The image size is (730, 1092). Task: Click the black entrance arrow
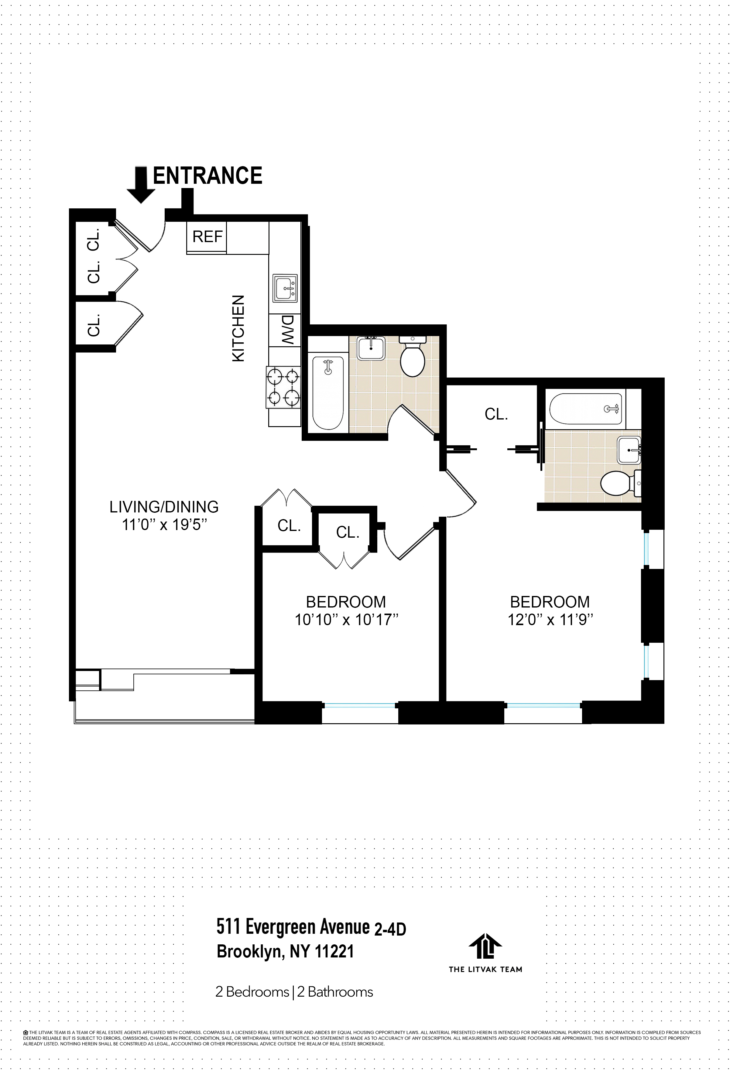pos(141,184)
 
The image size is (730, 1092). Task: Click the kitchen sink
pos(285,289)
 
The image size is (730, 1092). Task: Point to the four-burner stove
pos(283,387)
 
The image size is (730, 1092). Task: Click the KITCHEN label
pos(238,328)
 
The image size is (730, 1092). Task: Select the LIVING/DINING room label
pos(164,506)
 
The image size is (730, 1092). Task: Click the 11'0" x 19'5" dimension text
pos(164,525)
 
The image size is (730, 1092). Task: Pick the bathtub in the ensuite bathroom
pos(586,409)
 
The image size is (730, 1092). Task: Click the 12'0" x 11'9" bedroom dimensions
pos(550,620)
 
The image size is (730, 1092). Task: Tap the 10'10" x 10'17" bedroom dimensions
pos(346,620)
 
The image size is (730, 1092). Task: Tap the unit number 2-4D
pos(390,929)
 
